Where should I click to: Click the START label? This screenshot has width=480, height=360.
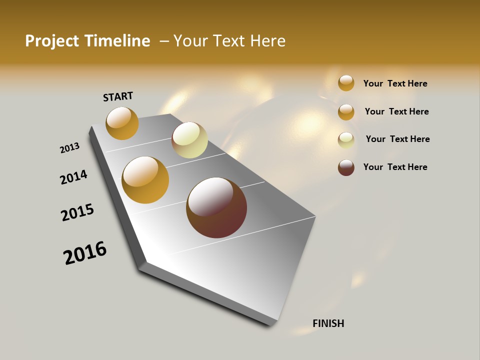click(x=118, y=96)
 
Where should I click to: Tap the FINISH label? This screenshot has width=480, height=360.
click(x=328, y=323)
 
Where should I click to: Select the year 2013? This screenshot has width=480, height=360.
click(x=69, y=148)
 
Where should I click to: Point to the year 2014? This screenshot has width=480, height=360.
click(x=73, y=177)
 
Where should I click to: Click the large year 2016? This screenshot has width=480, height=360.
click(x=85, y=253)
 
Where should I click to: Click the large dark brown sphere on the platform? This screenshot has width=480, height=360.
click(x=216, y=207)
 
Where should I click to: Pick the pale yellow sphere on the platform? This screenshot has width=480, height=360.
click(x=189, y=140)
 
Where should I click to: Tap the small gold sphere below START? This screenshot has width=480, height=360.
click(x=122, y=123)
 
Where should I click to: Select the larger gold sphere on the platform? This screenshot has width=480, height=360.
click(x=145, y=180)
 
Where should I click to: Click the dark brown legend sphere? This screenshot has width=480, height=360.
click(x=346, y=167)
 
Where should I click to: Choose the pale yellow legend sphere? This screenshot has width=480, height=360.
click(x=346, y=140)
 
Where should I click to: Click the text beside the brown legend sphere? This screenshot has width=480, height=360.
click(x=395, y=167)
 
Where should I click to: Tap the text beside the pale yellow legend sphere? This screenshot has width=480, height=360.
click(x=397, y=139)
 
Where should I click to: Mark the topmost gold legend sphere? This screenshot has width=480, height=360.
click(x=346, y=83)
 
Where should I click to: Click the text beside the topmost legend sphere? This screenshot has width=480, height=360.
click(x=395, y=83)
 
